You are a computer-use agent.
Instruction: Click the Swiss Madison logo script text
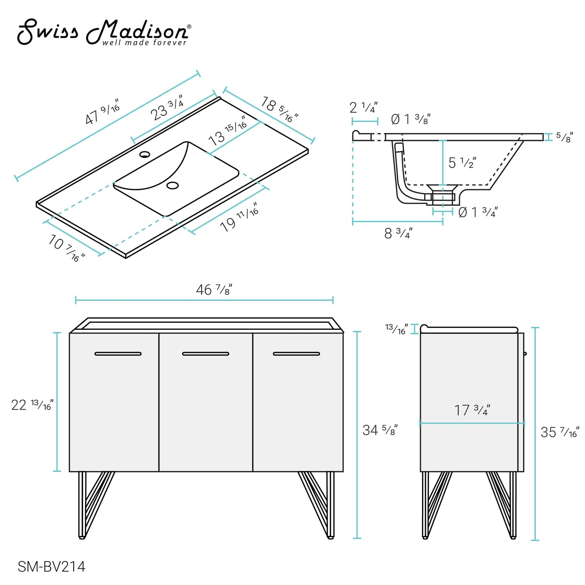(103, 32)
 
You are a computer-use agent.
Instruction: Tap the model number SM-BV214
(51, 567)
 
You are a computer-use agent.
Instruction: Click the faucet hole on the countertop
(145, 155)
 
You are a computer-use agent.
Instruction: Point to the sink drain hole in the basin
(173, 185)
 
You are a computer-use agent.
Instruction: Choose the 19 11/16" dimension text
(239, 218)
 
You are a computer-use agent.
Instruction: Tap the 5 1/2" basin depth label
(462, 163)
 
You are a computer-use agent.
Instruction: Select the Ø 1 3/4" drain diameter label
(478, 212)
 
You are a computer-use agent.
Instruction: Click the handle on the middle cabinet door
(206, 354)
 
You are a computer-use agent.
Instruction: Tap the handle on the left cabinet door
(118, 354)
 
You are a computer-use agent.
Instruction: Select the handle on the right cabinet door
(296, 354)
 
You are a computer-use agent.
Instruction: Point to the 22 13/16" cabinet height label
(32, 405)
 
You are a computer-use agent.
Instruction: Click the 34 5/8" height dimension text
(380, 430)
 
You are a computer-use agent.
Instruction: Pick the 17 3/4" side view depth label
(472, 410)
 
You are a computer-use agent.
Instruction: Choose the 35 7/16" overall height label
(559, 432)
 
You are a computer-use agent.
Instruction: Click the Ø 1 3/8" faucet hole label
(411, 119)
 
